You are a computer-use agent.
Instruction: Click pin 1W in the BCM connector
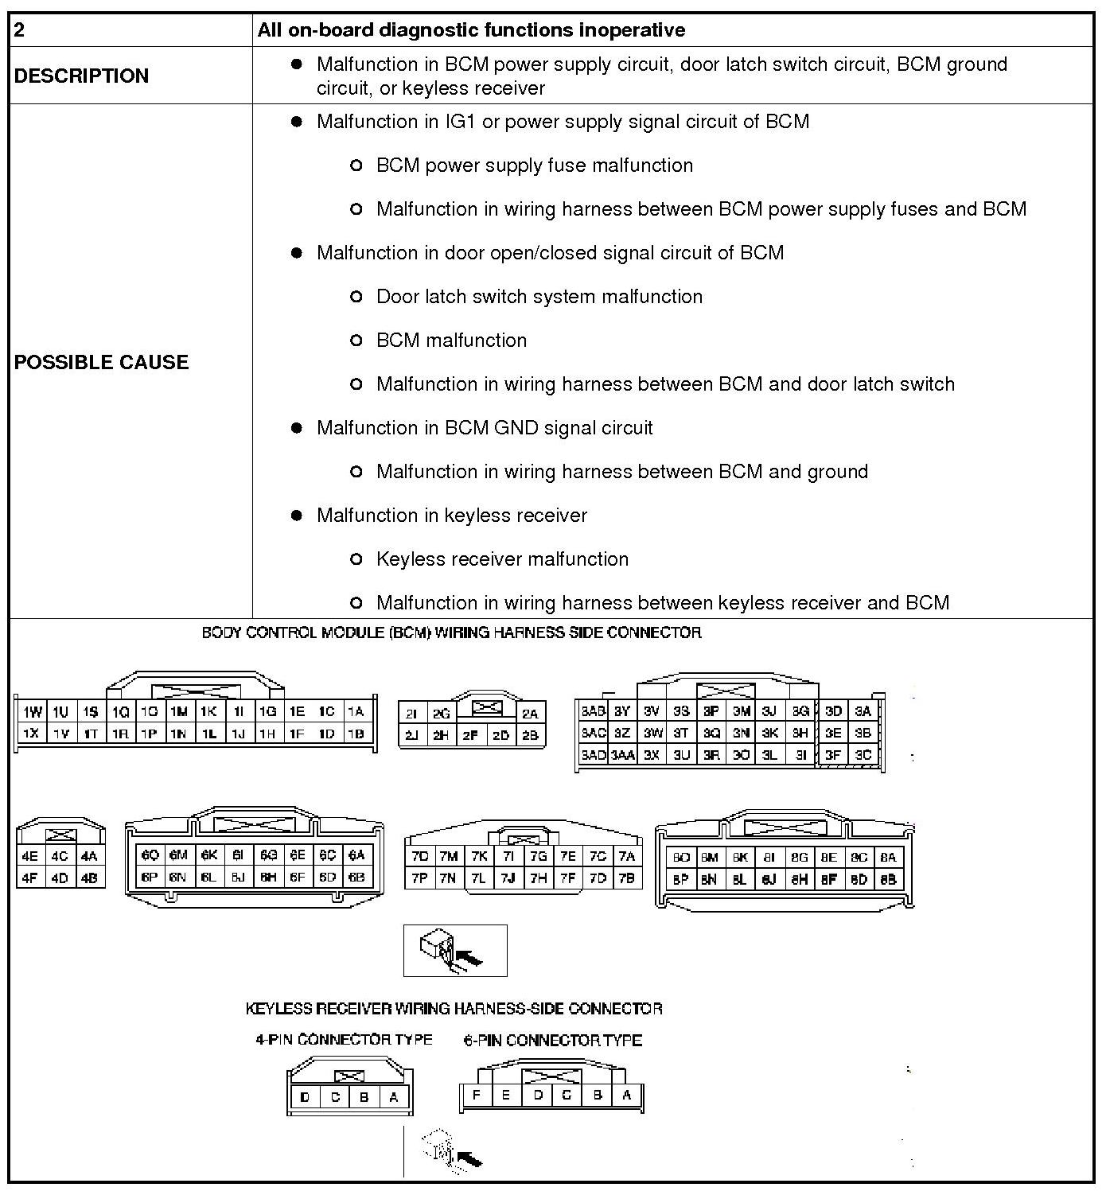point(32,712)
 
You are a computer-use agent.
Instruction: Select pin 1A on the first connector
point(356,712)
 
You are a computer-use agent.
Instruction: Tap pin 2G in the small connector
point(442,714)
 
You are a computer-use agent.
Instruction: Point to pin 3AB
point(593,711)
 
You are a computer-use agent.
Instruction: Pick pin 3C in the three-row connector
point(863,754)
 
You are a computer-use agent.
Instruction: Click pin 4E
point(30,856)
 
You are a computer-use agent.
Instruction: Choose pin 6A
point(356,854)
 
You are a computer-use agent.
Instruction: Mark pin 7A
point(627,856)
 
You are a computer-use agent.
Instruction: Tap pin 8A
point(888,857)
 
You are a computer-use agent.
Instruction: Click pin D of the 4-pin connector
point(305,1098)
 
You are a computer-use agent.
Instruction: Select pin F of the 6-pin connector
point(476,1095)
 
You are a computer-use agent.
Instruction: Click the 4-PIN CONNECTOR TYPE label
point(344,1039)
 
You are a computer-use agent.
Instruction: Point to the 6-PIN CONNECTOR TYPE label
point(553,1040)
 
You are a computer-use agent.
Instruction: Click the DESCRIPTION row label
point(81,76)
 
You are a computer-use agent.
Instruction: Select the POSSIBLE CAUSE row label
point(101,362)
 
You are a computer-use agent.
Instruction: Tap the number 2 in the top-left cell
point(20,30)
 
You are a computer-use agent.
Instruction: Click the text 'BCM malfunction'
point(451,341)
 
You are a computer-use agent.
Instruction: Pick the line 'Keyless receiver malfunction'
point(502,559)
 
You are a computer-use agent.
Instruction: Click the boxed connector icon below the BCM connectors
point(455,950)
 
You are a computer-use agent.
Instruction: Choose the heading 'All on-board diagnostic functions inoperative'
point(471,30)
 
